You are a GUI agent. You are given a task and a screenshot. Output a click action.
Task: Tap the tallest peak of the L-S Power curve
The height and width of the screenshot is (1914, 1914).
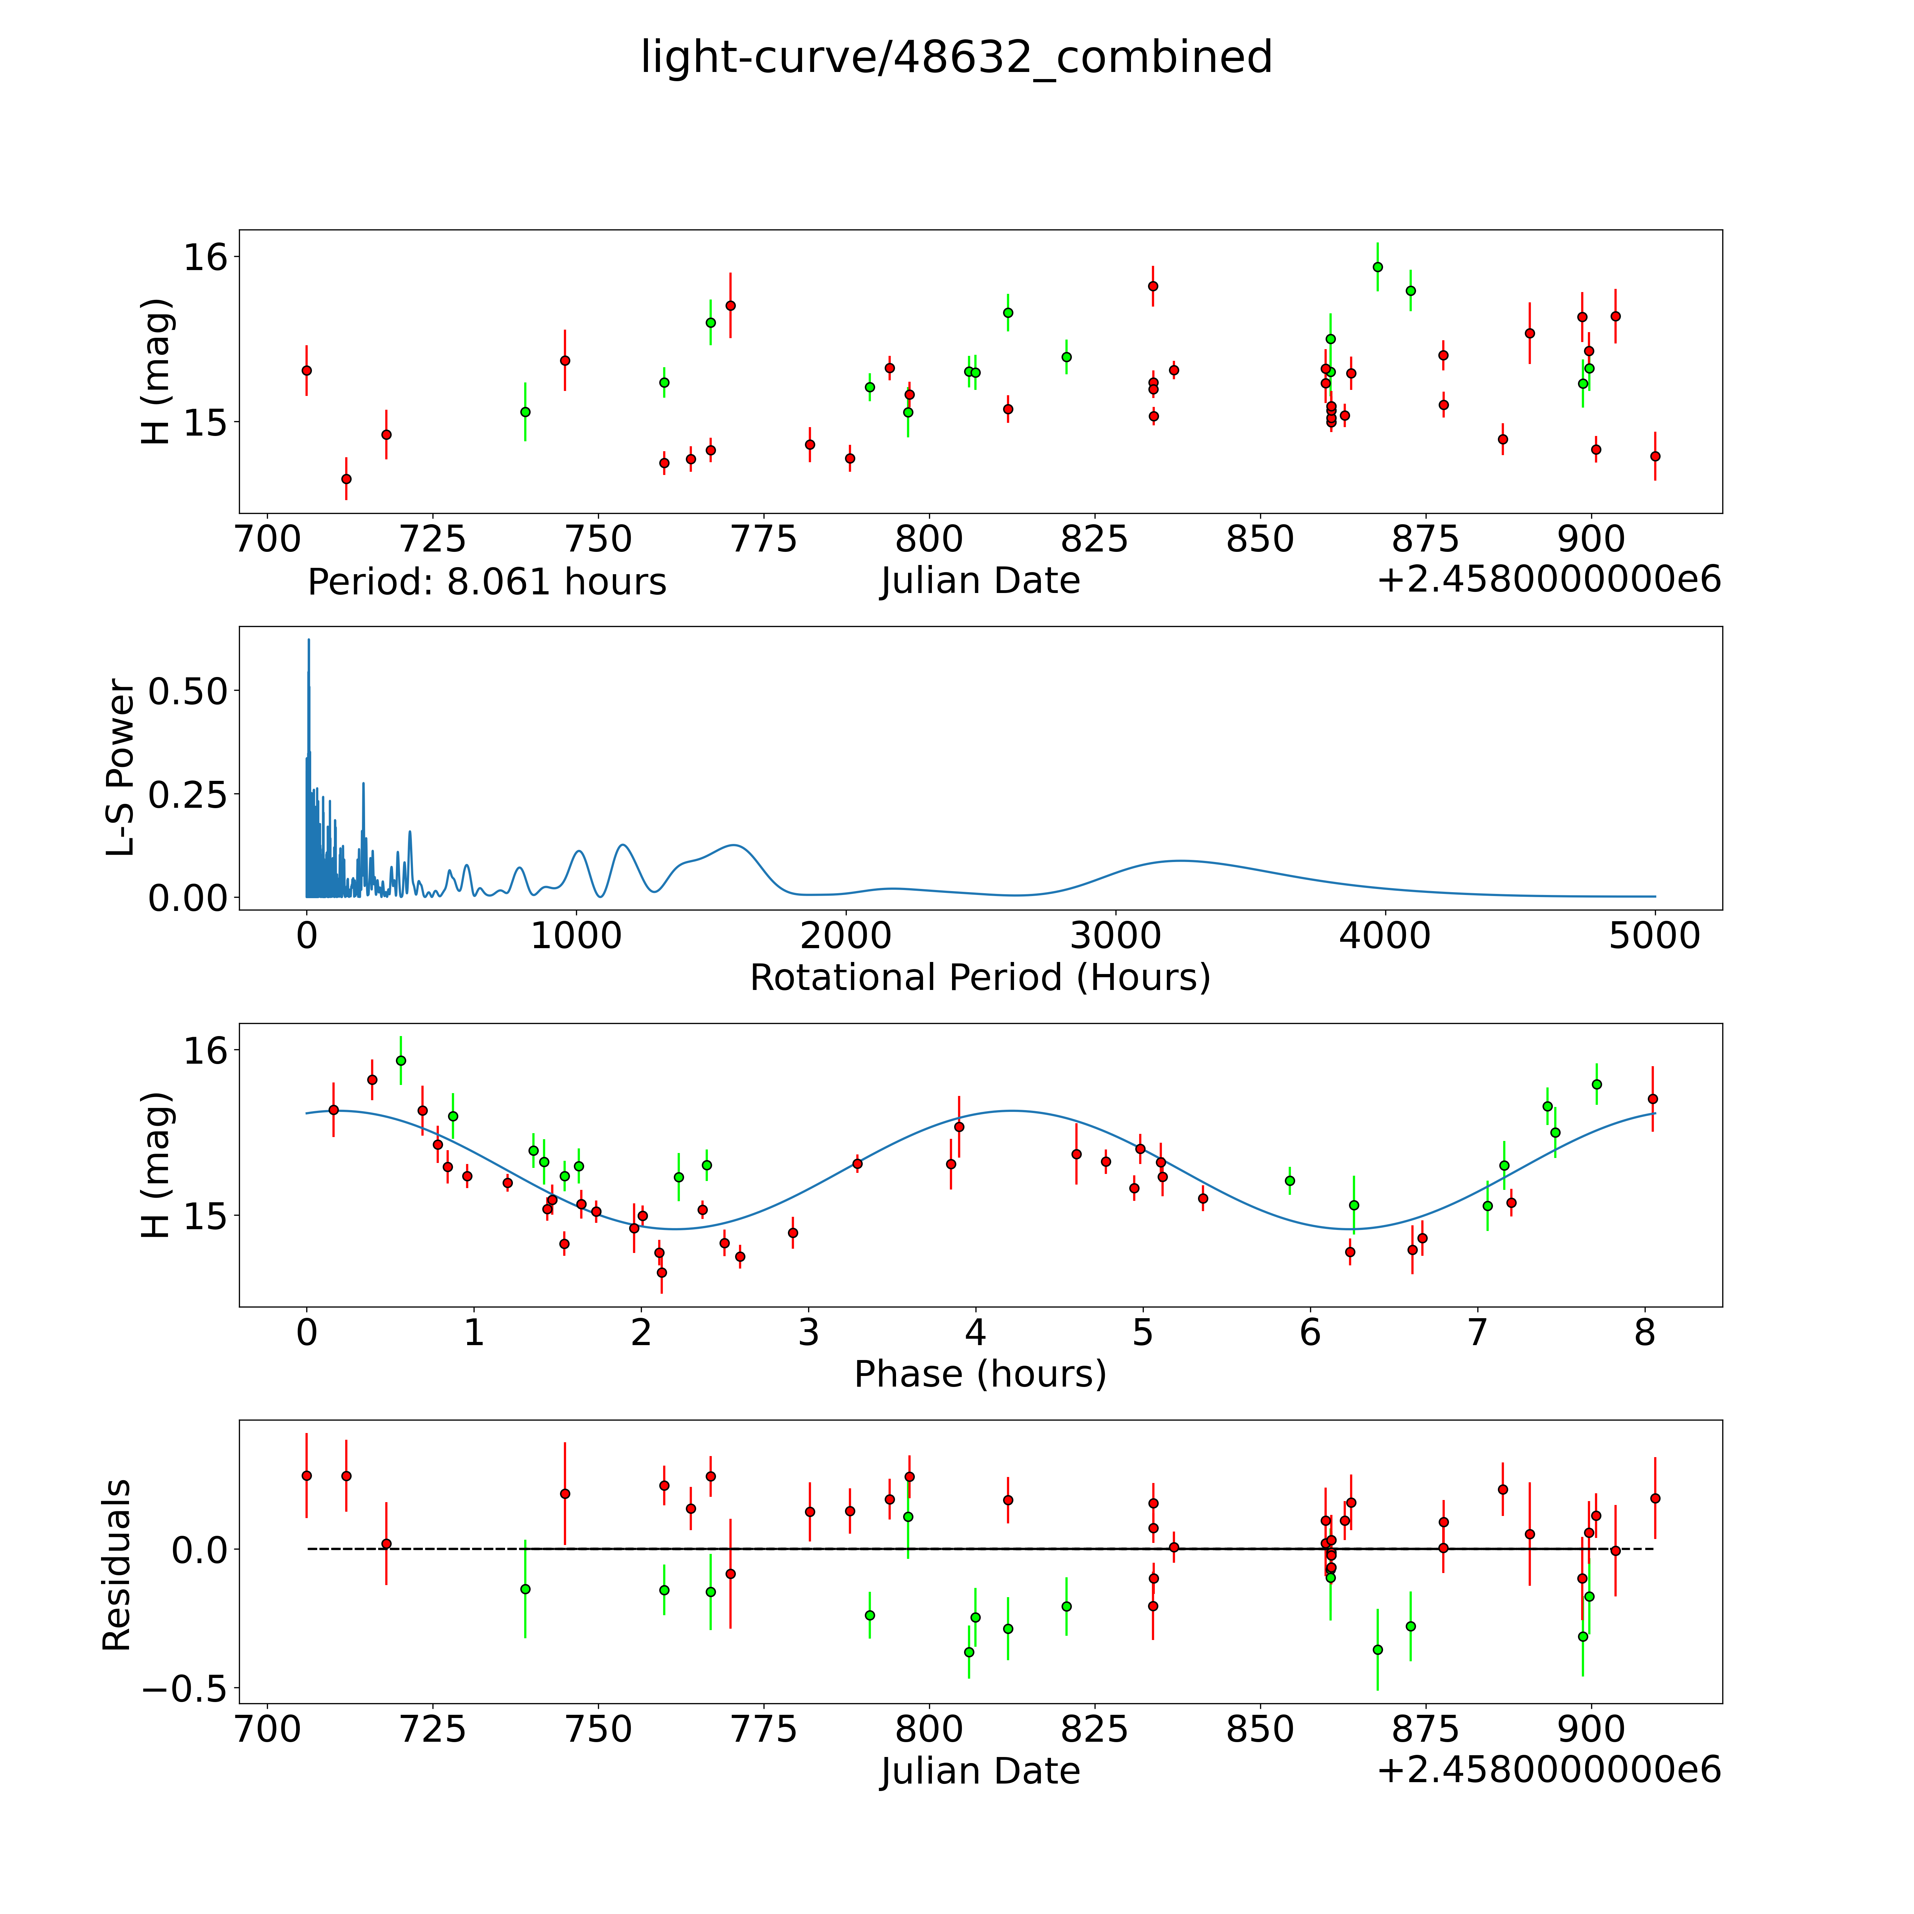pyautogui.click(x=308, y=640)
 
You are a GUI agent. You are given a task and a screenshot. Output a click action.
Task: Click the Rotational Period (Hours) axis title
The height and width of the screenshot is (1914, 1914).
pyautogui.click(x=980, y=978)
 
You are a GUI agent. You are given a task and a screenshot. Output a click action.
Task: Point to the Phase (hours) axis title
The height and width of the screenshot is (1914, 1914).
pyautogui.click(x=980, y=1374)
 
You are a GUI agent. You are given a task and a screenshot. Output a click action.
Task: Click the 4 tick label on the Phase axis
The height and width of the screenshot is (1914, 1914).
pyautogui.click(x=976, y=1332)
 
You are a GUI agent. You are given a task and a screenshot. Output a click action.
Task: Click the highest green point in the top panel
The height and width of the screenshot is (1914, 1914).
pyautogui.click(x=1377, y=267)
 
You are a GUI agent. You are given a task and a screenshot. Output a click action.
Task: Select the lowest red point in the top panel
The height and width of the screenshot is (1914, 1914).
pyautogui.click(x=346, y=478)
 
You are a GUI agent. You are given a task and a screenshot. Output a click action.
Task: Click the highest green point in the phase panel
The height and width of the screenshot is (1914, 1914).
pyautogui.click(x=400, y=1060)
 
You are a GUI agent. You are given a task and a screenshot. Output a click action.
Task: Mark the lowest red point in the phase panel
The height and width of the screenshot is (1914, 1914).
pyautogui.click(x=662, y=1272)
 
